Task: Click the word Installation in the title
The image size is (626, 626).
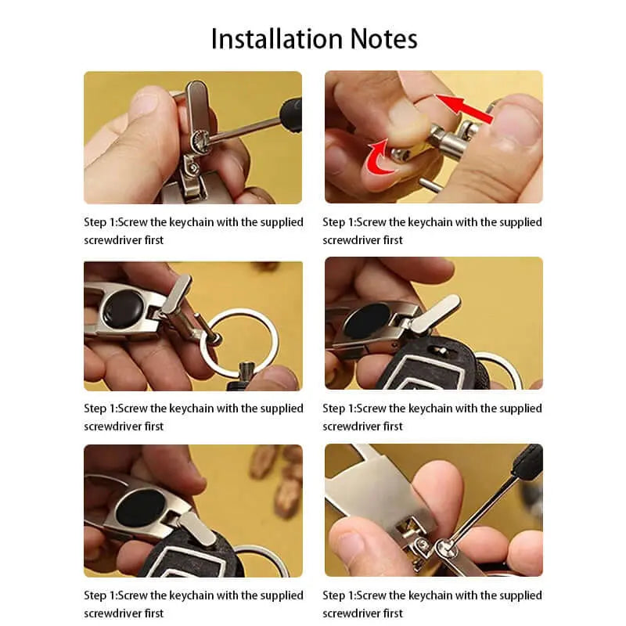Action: click(277, 39)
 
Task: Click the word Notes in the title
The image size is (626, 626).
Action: click(383, 39)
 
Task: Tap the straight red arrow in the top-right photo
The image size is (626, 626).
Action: click(464, 108)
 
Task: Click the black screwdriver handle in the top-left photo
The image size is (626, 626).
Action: click(291, 113)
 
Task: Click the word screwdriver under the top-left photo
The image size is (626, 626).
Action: click(113, 240)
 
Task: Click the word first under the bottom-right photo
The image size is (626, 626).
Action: click(393, 613)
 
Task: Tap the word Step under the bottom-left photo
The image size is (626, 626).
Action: click(95, 595)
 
